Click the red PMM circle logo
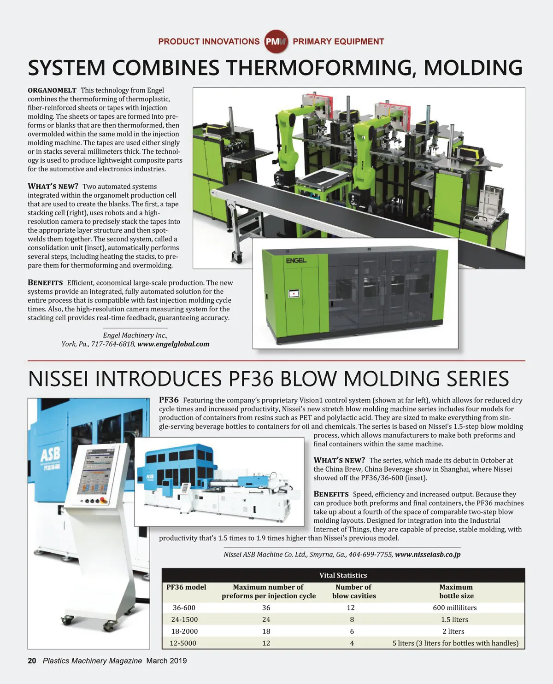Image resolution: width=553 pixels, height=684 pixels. [276, 41]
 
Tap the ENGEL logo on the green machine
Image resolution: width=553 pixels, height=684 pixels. [296, 261]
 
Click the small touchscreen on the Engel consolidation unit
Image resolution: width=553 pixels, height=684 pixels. [294, 293]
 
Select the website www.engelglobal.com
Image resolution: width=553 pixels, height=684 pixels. [173, 344]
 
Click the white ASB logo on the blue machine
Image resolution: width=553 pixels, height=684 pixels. [50, 455]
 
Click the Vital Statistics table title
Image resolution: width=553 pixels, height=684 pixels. [343, 575]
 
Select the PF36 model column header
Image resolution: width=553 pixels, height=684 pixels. [186, 587]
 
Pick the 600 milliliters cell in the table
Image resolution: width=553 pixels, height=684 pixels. [454, 608]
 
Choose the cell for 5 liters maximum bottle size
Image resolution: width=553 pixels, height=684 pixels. [455, 643]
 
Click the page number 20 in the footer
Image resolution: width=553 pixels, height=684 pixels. [32, 661]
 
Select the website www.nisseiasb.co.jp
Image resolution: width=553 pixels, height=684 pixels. [428, 555]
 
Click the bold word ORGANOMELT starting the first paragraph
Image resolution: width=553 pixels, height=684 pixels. [52, 90]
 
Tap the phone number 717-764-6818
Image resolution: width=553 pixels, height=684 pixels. [113, 344]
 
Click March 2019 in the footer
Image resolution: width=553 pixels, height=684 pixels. [166, 661]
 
